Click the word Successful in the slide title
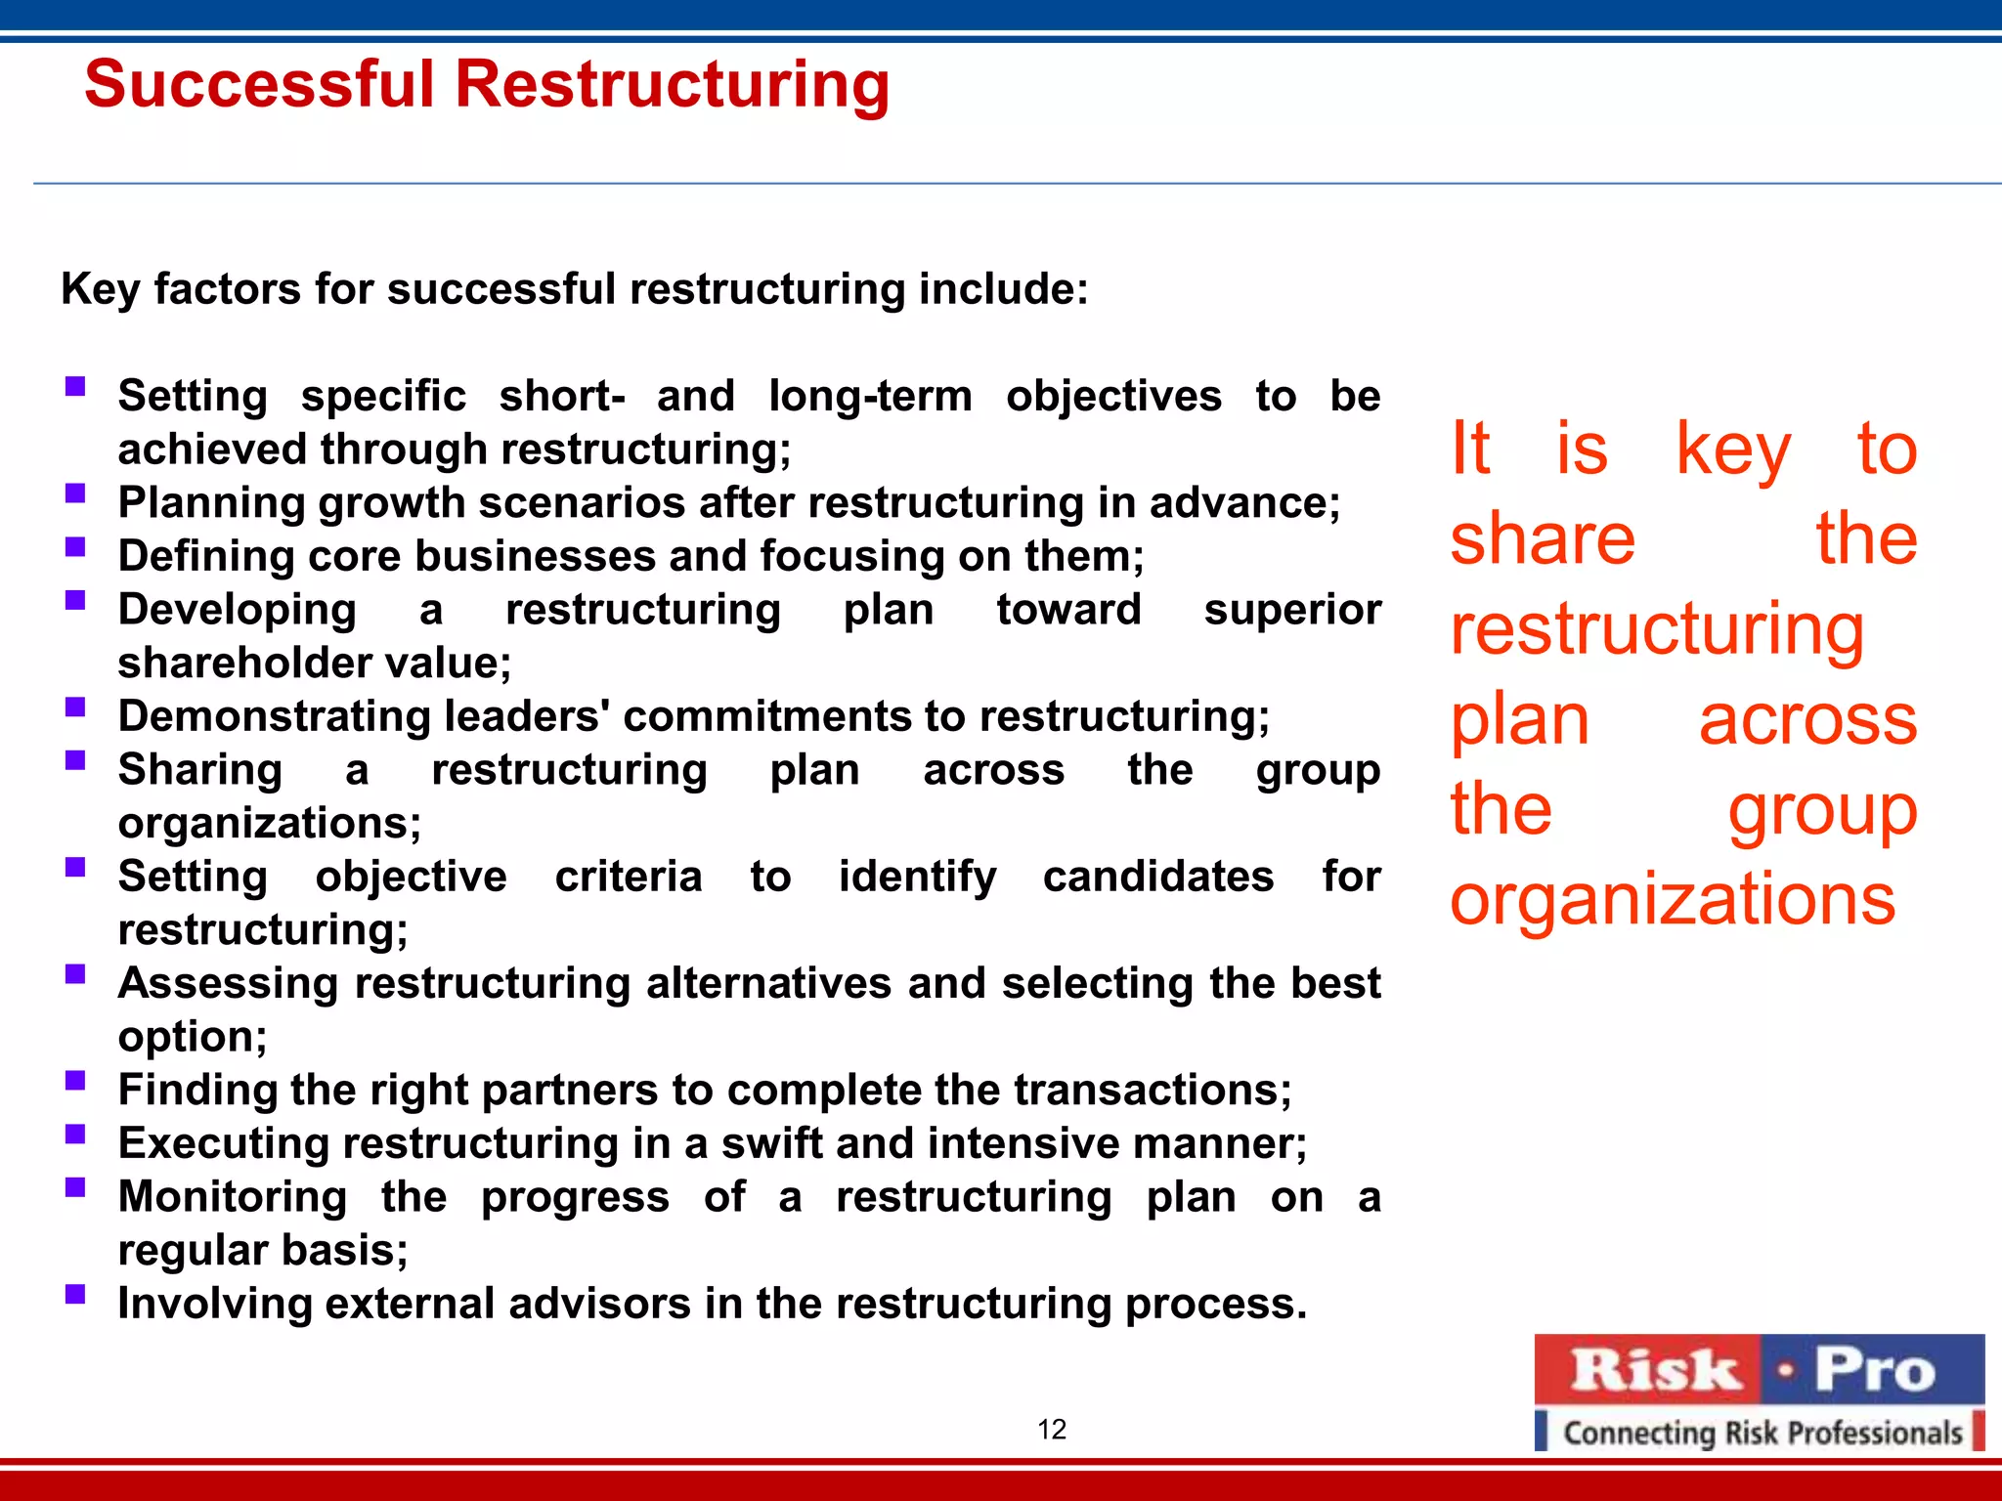coord(259,84)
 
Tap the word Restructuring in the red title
coord(673,84)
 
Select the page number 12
coord(1051,1430)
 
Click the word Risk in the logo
coord(1656,1370)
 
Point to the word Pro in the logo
coord(1874,1370)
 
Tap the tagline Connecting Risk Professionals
coord(1763,1433)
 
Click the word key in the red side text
coord(1733,449)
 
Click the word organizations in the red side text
coord(1672,899)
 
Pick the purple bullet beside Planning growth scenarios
coord(75,493)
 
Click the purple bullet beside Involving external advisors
coord(75,1294)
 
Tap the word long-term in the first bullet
coord(870,397)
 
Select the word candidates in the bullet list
coord(1157,877)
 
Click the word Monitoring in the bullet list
coord(233,1197)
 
